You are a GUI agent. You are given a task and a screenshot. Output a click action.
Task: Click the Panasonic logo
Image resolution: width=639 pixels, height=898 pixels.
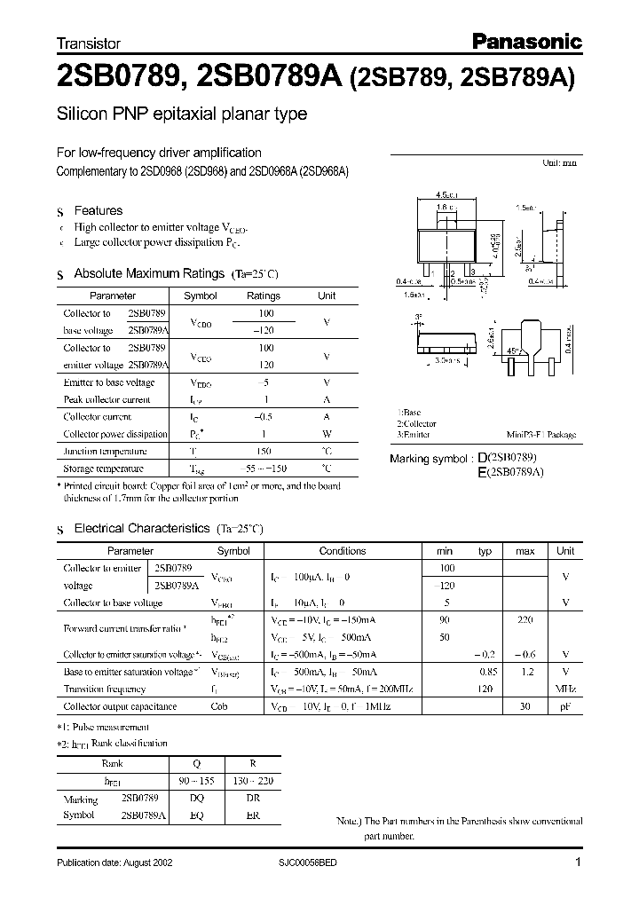coord(525,40)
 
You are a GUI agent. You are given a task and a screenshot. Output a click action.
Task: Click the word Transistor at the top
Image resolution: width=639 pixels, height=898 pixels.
coord(89,43)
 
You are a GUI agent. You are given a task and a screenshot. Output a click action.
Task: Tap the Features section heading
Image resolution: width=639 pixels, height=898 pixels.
coord(98,210)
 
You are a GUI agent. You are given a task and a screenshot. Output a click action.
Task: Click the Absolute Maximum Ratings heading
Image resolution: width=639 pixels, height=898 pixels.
coord(150,273)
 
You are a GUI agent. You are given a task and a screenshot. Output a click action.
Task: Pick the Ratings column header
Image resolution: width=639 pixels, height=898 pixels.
coord(263,295)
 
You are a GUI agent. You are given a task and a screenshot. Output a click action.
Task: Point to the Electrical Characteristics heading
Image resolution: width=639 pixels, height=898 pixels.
coord(141,528)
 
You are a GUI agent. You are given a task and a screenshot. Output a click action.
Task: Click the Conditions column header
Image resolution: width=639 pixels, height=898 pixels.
coord(342,551)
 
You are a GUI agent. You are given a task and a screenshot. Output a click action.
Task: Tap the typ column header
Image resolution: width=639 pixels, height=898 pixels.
coord(485,551)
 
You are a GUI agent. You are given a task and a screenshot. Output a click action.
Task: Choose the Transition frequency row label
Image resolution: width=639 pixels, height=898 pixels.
coord(104,689)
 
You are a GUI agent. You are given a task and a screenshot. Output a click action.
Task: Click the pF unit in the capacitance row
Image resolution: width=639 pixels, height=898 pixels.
coord(565,706)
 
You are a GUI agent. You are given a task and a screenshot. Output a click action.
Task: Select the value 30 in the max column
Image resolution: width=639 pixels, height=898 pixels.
coord(525,706)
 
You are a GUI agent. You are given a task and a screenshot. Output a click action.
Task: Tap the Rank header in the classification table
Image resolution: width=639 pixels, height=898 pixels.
coord(113,763)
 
